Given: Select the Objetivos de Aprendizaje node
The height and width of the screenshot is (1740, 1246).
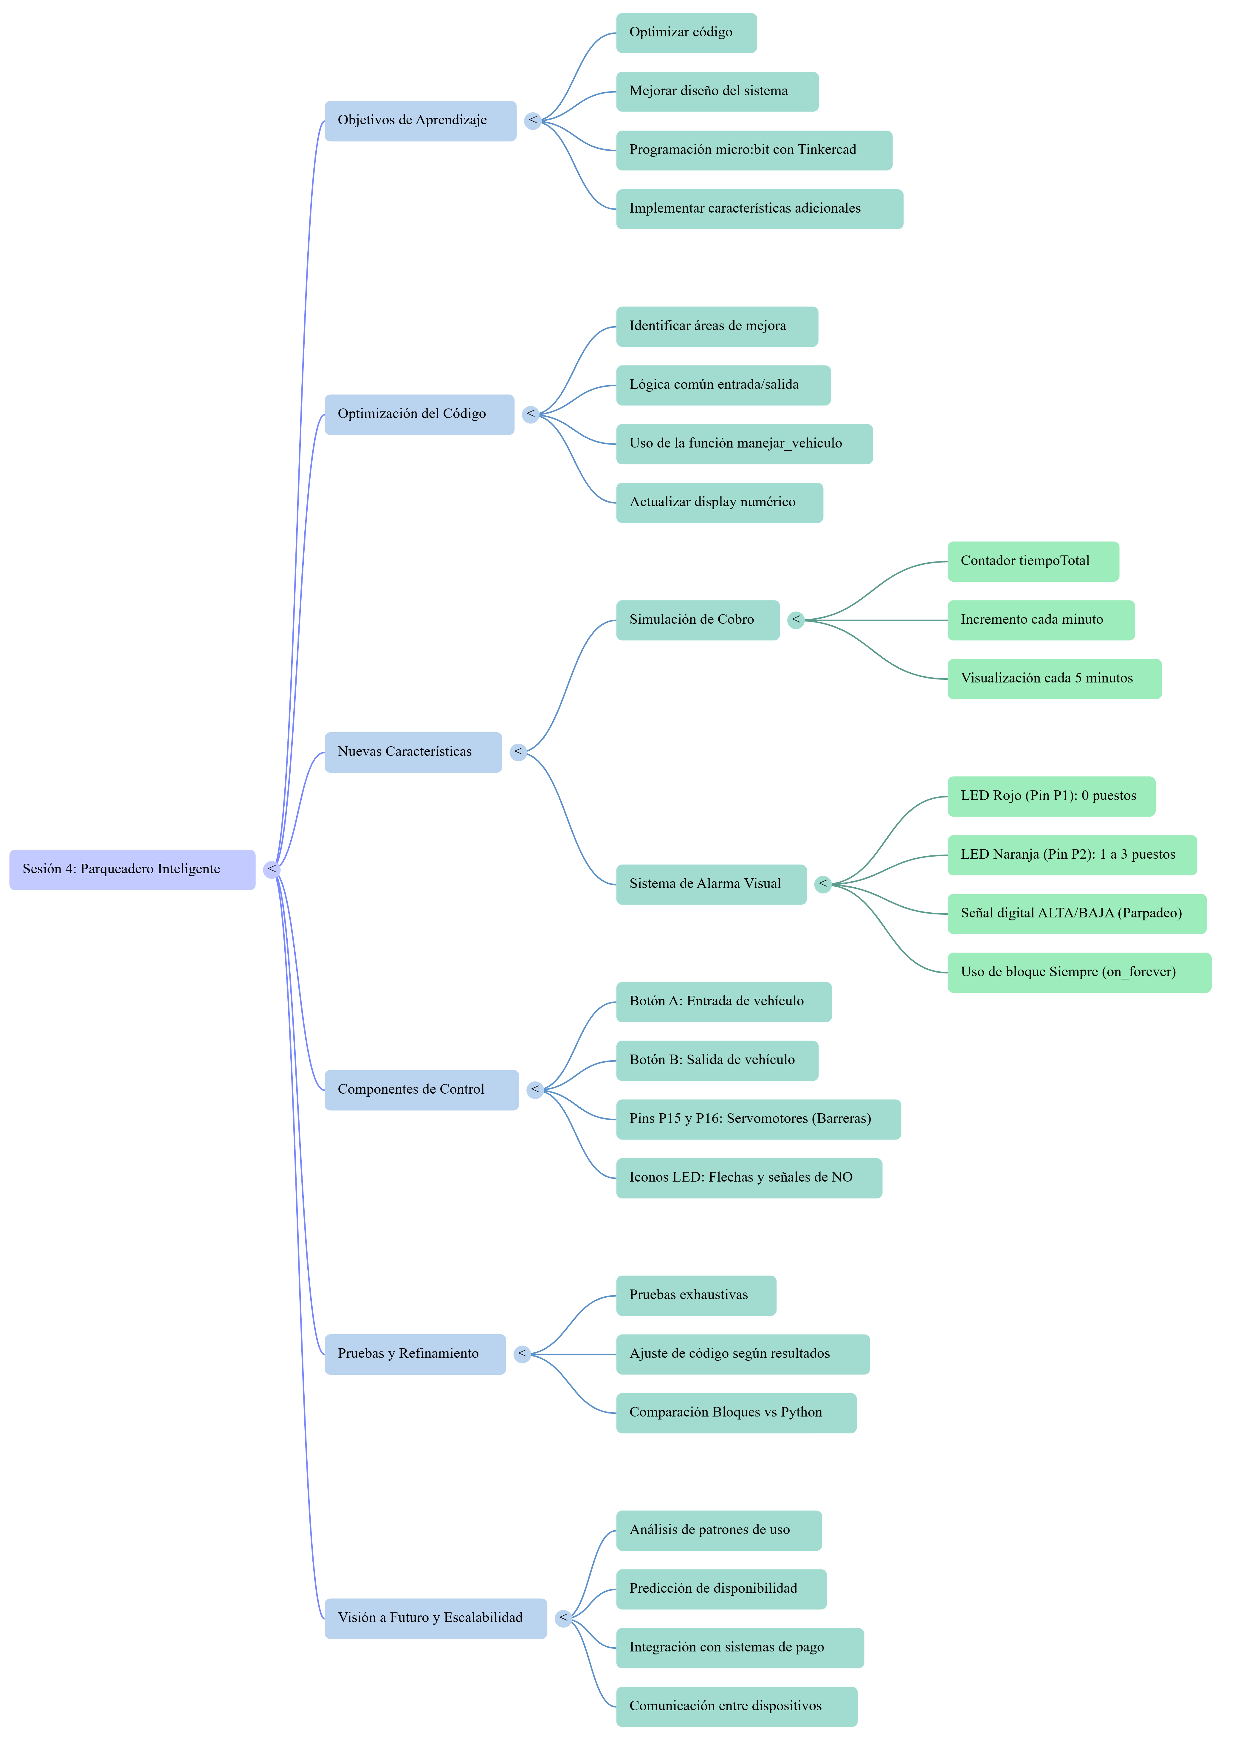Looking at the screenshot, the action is [420, 120].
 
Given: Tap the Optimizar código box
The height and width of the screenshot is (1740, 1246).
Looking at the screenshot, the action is [687, 33].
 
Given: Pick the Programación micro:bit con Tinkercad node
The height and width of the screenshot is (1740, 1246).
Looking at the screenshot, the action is [754, 150].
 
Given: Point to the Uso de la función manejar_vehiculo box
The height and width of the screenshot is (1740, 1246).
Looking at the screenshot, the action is [744, 444].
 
